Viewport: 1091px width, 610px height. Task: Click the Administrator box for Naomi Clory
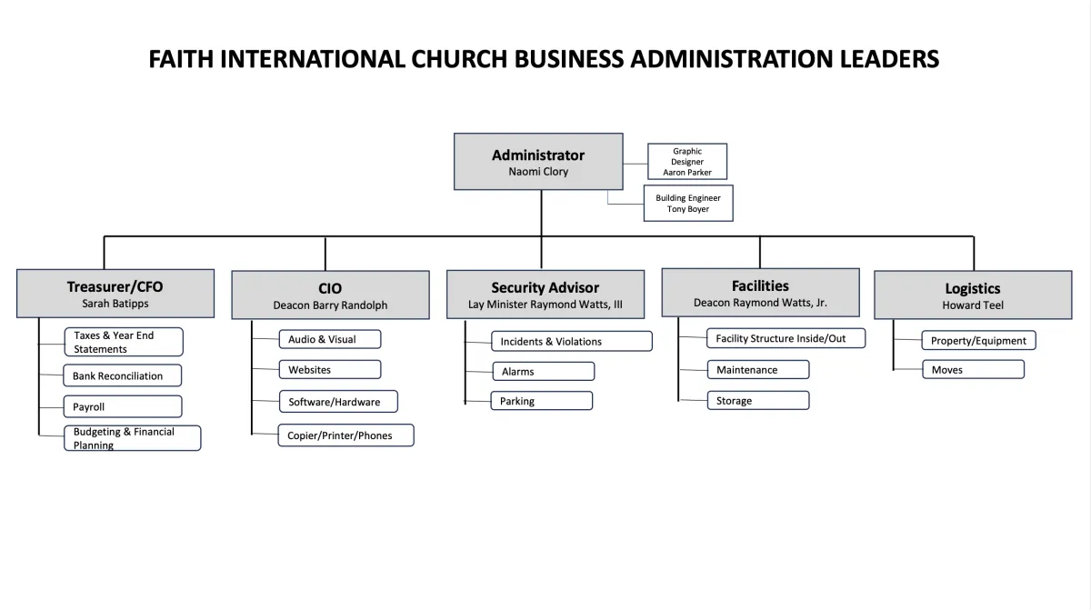(x=538, y=161)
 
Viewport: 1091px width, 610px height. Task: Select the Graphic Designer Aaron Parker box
(x=687, y=161)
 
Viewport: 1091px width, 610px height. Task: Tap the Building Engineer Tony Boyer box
(x=688, y=203)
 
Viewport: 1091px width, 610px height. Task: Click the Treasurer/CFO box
(x=115, y=294)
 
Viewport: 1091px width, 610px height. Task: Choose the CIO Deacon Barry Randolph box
(x=330, y=295)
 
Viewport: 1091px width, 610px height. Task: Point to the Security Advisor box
(x=545, y=295)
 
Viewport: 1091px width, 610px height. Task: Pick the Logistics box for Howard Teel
(x=973, y=295)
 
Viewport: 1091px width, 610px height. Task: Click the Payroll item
(x=123, y=406)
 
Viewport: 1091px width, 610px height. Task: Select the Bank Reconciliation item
(x=122, y=375)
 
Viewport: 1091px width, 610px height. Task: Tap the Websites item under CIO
(x=330, y=369)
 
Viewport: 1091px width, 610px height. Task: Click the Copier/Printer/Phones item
(x=345, y=435)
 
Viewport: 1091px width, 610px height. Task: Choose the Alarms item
(x=544, y=371)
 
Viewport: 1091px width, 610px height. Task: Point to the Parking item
(x=542, y=401)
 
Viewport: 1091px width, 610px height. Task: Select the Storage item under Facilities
(x=758, y=400)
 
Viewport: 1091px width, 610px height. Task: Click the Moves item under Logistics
(x=973, y=369)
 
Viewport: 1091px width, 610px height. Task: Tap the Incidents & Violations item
(x=572, y=341)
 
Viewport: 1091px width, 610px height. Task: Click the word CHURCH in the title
(x=459, y=59)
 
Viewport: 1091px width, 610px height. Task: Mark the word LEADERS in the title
(x=889, y=59)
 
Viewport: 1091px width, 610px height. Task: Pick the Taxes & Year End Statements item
(x=124, y=342)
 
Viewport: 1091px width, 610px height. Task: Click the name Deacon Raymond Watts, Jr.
(x=760, y=303)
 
